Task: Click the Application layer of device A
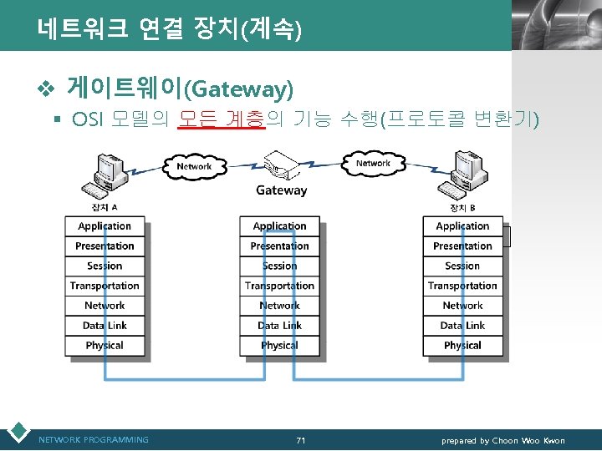(x=105, y=226)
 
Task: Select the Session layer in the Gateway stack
(x=279, y=266)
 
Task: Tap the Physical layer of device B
(x=462, y=345)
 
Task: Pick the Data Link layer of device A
(x=105, y=326)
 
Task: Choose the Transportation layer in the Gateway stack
(x=279, y=286)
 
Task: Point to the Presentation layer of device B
(x=462, y=246)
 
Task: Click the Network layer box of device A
(x=105, y=306)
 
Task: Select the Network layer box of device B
(x=462, y=306)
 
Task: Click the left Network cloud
(x=193, y=165)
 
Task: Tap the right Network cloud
(x=373, y=163)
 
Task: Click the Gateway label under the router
(x=281, y=190)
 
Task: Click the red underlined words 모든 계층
(x=222, y=120)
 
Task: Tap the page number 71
(x=301, y=440)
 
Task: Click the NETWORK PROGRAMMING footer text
(x=94, y=440)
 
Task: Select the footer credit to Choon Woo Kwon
(x=503, y=440)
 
